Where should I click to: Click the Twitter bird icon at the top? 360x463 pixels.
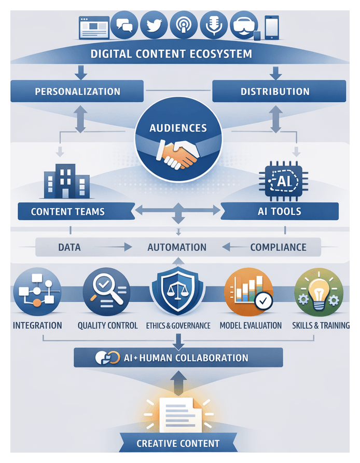tap(153, 25)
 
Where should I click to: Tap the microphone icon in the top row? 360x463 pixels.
tap(213, 25)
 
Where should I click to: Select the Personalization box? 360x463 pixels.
tap(77, 91)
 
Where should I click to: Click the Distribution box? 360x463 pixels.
tap(279, 91)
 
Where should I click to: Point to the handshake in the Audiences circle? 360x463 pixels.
tap(179, 153)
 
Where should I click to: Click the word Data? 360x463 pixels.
tap(70, 247)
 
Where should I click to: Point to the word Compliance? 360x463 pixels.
tap(278, 247)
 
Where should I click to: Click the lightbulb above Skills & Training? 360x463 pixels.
tap(317, 292)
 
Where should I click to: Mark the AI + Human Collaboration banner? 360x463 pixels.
tap(178, 358)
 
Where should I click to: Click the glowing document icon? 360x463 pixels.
tap(177, 413)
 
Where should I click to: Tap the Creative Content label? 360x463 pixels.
tap(178, 444)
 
